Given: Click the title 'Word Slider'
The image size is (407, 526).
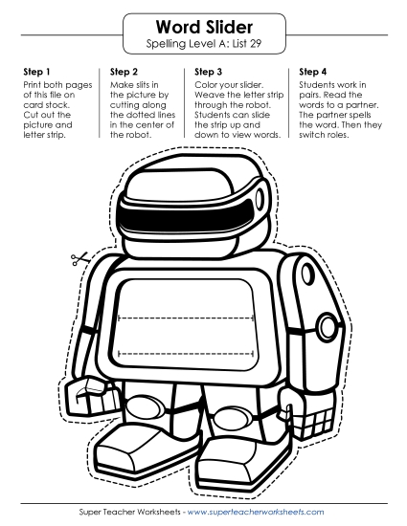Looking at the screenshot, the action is [204, 27].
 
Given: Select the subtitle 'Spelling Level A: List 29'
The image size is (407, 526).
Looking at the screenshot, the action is [204, 44].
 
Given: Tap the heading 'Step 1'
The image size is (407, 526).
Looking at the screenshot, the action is [36, 72].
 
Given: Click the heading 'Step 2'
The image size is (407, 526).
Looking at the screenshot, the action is [124, 72].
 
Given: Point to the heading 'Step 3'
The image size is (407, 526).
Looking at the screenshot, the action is [208, 72].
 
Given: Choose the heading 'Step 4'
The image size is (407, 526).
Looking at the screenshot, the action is [312, 72].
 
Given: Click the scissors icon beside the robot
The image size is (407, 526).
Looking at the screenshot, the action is [79, 258].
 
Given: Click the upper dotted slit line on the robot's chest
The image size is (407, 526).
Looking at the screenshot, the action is [186, 317].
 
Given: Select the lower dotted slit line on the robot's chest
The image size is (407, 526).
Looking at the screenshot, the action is [186, 353].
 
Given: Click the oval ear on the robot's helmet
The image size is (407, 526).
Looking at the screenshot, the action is [260, 200].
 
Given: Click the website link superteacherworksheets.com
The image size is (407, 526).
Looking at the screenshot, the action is [256, 512].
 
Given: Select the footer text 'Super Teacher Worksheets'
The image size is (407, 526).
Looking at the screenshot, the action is [130, 512].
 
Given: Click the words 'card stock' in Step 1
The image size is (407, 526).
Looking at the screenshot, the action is [46, 105].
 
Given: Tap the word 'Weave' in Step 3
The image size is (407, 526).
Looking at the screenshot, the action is [207, 95].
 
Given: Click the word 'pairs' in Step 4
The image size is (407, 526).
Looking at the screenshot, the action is [309, 96].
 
